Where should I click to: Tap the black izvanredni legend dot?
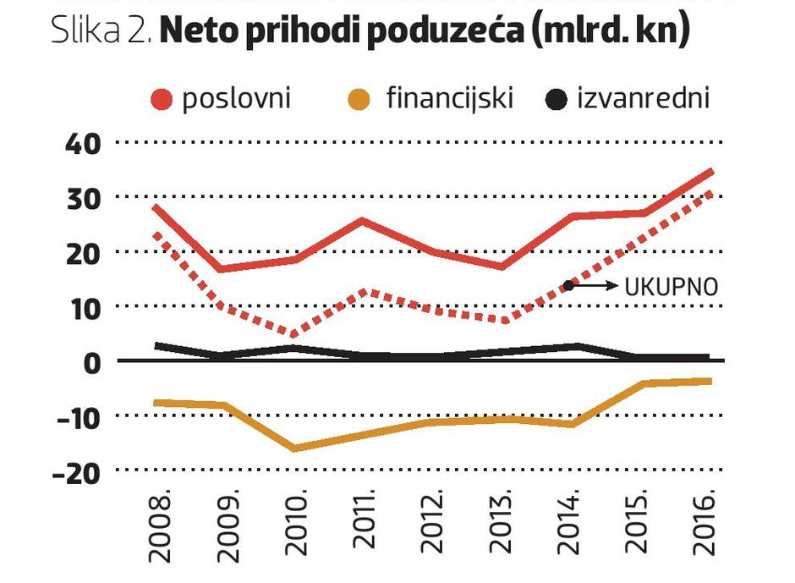[x=556, y=99]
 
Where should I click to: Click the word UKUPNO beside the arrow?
[x=672, y=288]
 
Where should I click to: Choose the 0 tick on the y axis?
[x=91, y=361]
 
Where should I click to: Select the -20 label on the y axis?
[x=76, y=471]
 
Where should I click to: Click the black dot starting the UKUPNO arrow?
[x=569, y=286]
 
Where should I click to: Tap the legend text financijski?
[x=450, y=99]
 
